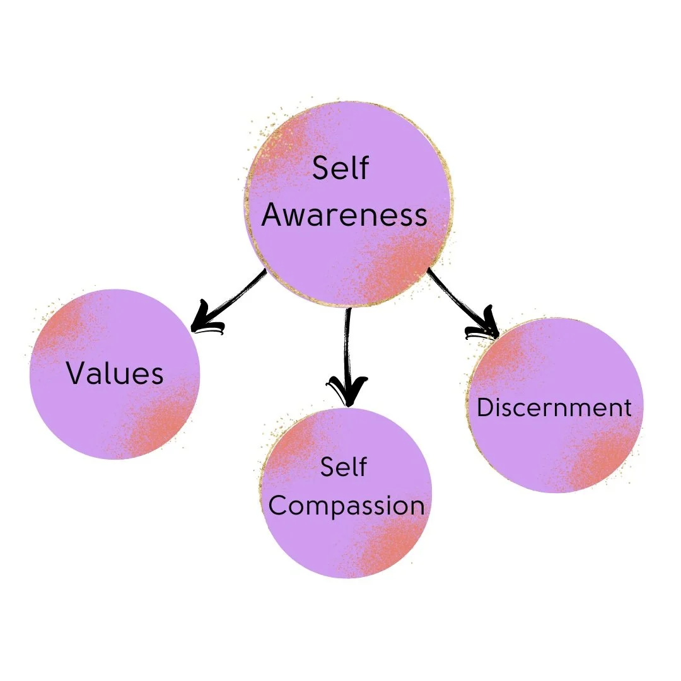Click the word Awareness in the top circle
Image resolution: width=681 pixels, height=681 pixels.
pos(344,215)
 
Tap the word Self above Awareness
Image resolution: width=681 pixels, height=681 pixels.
pos(340,169)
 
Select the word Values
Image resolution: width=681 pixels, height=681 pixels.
pos(115,373)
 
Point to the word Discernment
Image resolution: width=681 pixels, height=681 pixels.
pos(554,407)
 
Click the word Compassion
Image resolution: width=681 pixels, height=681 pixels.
pos(346,506)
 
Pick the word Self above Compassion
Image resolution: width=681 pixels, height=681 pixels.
pos(344,467)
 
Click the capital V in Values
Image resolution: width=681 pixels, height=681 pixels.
pos(76,373)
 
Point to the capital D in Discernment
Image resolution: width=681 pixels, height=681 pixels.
pos(484,407)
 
